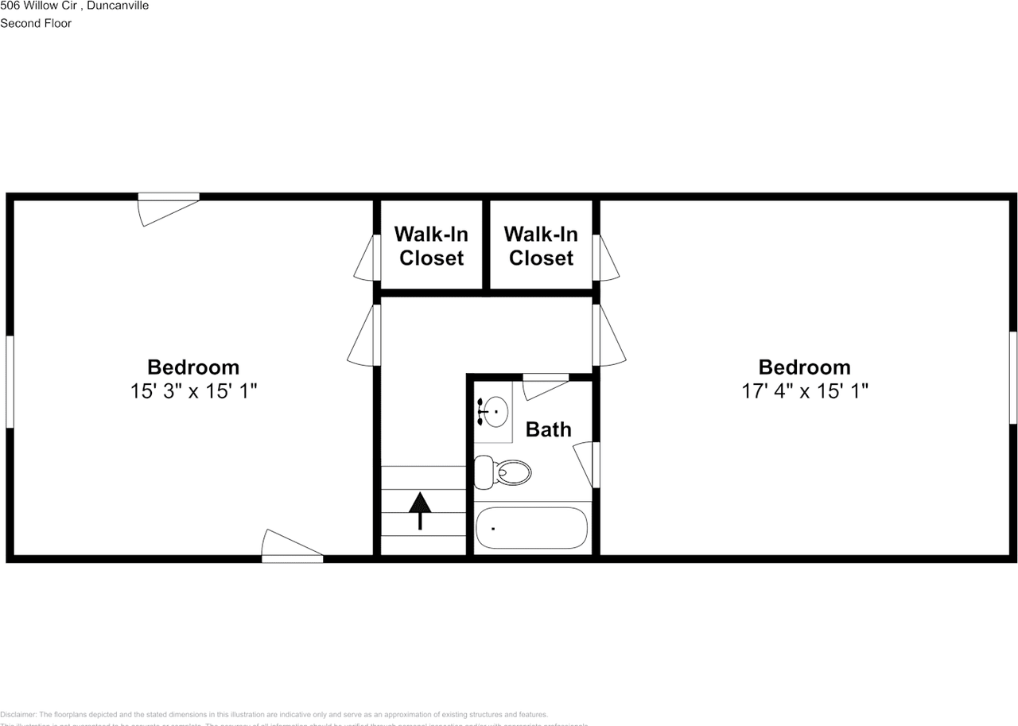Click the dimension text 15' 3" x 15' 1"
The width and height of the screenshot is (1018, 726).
[x=193, y=391]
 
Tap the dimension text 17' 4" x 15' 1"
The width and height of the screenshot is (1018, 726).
[x=804, y=391]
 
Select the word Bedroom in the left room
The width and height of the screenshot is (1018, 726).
[x=193, y=367]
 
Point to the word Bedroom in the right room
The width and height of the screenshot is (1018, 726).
[x=804, y=367]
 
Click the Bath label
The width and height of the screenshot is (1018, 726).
[x=549, y=429]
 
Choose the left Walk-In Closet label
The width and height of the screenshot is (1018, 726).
[x=431, y=246]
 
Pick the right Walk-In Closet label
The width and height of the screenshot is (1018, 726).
[x=541, y=246]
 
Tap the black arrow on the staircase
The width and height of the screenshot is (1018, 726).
[x=420, y=510]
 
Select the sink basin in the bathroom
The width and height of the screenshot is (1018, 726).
[x=496, y=411]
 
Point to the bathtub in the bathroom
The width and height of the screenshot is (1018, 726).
[x=531, y=528]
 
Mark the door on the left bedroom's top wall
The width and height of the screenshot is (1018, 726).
[x=168, y=207]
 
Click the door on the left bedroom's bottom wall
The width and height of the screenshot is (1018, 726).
[x=292, y=549]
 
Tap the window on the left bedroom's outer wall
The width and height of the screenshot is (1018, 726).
[x=10, y=382]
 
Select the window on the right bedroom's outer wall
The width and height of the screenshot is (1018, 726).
[x=1013, y=378]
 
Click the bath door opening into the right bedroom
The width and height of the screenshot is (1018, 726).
[x=589, y=465]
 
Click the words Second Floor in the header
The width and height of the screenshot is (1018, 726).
[x=36, y=23]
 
